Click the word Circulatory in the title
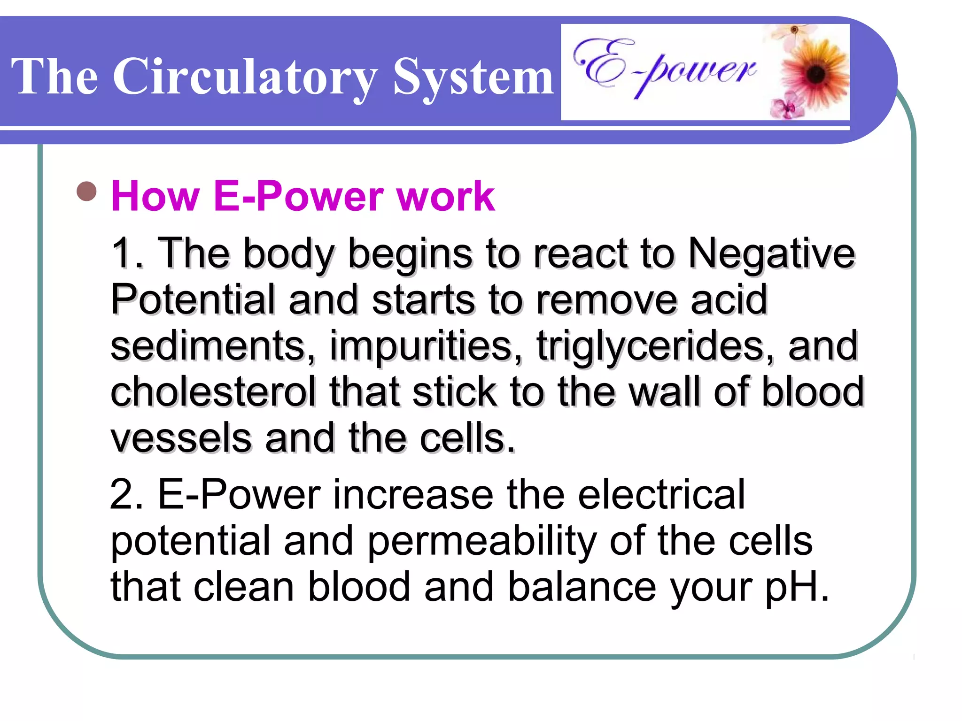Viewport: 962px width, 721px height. pyautogui.click(x=244, y=77)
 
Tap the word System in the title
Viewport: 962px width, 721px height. pyautogui.click(x=473, y=77)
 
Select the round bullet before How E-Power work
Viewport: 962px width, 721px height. pyautogui.click(x=86, y=192)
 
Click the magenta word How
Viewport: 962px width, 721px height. pyautogui.click(x=155, y=196)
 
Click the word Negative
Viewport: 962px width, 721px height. pyautogui.click(x=771, y=253)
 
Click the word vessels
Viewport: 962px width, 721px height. pyautogui.click(x=181, y=437)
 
